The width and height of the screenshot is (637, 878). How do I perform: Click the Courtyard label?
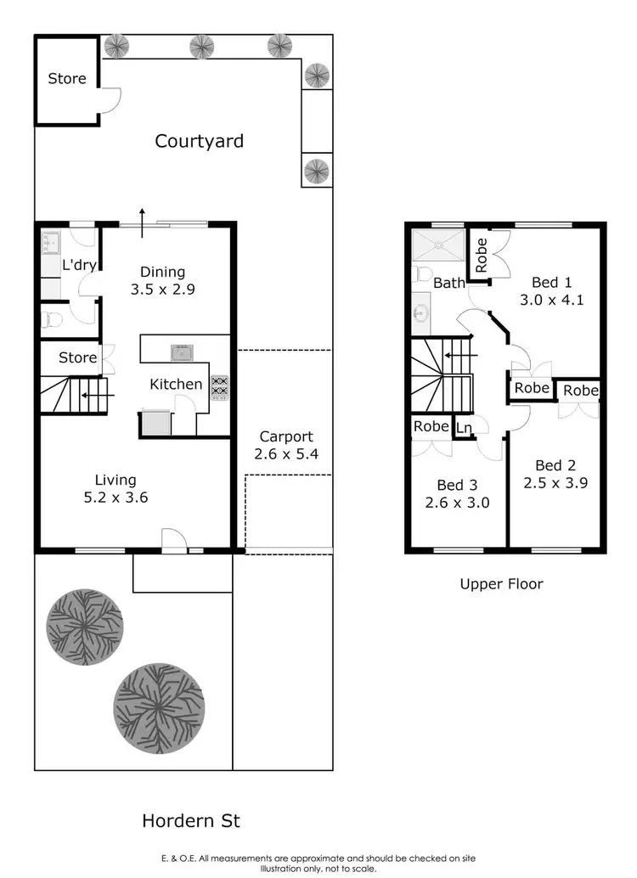tap(199, 141)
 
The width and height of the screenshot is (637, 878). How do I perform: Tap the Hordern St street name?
tap(190, 821)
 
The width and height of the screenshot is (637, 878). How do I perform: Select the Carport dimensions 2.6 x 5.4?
tap(285, 454)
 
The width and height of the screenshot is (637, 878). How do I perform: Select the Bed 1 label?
tap(550, 282)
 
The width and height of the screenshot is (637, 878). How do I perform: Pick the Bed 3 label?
tap(457, 485)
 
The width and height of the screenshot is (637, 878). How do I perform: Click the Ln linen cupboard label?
tap(465, 428)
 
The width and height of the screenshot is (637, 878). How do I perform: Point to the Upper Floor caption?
tap(501, 583)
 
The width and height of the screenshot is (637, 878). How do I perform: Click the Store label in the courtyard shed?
tap(66, 78)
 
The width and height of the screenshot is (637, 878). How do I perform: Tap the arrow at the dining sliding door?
tap(142, 216)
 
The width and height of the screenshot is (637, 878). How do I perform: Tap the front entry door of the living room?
tap(174, 540)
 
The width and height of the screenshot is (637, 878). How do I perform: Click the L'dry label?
tap(79, 265)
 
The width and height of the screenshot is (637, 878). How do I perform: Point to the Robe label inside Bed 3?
tap(431, 426)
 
